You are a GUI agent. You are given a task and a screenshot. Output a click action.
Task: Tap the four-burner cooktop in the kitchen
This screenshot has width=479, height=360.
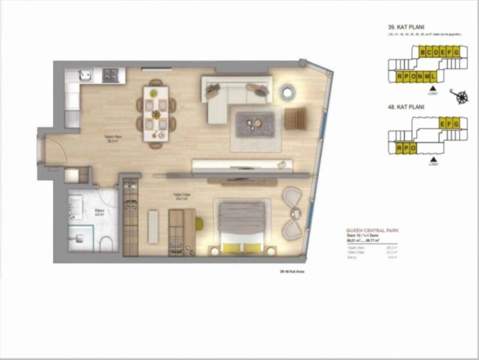coord(110,75)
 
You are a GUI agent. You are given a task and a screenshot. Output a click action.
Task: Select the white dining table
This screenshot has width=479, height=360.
coord(156,114)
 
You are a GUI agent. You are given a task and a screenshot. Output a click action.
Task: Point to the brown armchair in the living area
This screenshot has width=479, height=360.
coord(295,118)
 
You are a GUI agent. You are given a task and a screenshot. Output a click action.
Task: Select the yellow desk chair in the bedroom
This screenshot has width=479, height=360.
coord(199,224)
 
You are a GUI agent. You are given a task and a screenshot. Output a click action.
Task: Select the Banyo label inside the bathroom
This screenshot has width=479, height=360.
coord(99,213)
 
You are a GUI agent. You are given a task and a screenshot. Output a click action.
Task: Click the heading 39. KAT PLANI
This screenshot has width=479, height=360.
coord(406,27)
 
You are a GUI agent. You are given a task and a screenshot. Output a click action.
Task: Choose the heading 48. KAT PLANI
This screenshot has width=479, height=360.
coord(406,107)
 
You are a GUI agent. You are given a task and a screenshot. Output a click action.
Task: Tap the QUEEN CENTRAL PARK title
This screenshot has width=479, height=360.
coord(372,230)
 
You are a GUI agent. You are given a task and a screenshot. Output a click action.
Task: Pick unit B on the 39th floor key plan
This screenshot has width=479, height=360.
coord(422,52)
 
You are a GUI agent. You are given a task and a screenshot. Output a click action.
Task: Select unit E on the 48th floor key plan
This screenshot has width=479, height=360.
coord(443,123)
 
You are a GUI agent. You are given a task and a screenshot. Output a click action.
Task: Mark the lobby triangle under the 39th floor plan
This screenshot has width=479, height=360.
coord(433,87)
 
